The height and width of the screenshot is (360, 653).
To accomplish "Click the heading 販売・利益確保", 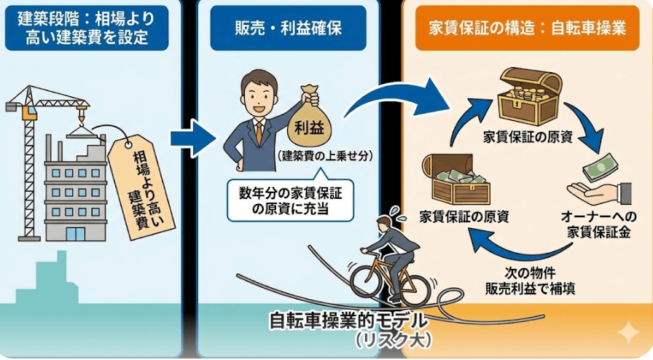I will point(289,29).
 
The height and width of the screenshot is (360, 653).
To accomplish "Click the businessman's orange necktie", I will point(258,132).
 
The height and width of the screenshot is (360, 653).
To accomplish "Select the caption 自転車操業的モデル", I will point(350,321).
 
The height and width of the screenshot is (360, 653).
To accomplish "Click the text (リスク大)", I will point(394,340).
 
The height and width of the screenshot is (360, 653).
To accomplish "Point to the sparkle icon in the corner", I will point(627,334).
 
